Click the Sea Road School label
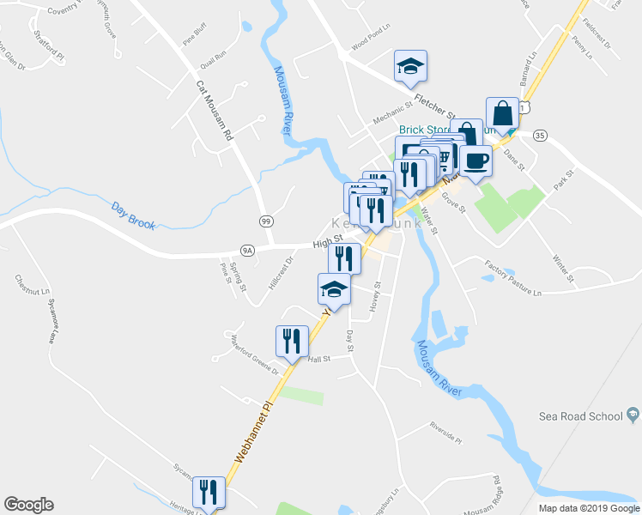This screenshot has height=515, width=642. tap(579, 416)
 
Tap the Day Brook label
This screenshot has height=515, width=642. tap(133, 215)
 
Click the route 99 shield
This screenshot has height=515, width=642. tap(267, 221)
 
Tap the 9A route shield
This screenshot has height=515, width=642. tap(248, 251)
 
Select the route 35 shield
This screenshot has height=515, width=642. tap(539, 136)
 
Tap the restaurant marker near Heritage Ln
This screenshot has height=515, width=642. tap(209, 492)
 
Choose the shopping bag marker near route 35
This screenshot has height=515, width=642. tap(501, 113)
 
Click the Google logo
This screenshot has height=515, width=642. tap(29, 505)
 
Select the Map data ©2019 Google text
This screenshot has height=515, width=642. tap(589, 508)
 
